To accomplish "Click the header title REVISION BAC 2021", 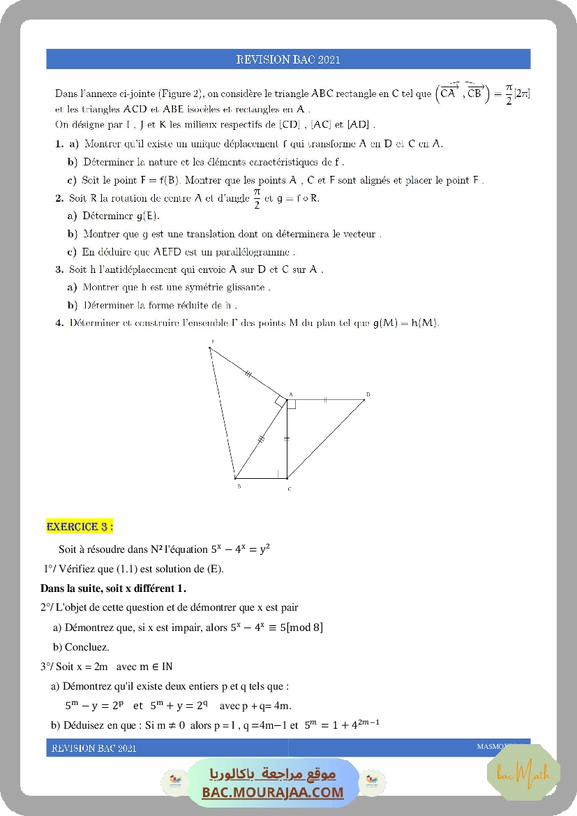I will point(288,59).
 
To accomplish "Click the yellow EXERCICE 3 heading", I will point(80,526).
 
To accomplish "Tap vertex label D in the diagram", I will point(368,395).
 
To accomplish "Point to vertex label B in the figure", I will point(239,486).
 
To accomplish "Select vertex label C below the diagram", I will point(290,489).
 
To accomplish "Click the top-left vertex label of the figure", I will point(213,341).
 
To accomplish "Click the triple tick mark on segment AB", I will point(262,439).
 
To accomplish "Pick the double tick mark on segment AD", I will point(325,400).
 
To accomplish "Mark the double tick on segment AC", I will point(287,438).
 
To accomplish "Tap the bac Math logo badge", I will point(523,773).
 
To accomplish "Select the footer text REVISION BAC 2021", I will point(93,748).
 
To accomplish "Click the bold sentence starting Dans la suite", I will point(114,588).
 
